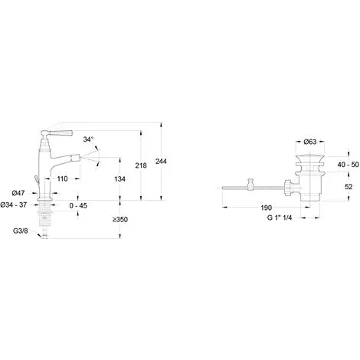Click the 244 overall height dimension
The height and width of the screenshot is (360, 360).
coord(161,162)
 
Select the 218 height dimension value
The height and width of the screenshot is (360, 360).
coord(141,165)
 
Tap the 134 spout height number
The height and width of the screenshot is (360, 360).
coord(119,179)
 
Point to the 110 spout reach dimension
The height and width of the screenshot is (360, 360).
coord(62,178)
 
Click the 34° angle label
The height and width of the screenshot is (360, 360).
coord(88,139)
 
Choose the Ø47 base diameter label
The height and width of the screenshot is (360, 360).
coord(18,193)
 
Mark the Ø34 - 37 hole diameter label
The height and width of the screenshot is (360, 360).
coord(14,205)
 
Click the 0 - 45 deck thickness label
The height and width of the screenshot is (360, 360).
coord(78,205)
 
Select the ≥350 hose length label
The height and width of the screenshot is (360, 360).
coord(120,219)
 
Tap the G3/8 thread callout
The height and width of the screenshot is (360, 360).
coord(21,231)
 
